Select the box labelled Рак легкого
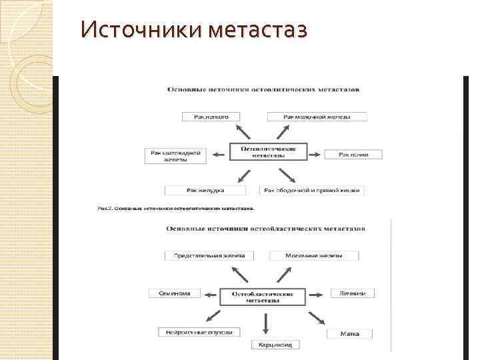(211, 117)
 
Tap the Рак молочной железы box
(317, 117)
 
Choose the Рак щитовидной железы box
(176, 155)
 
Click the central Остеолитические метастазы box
(268, 152)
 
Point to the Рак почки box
(353, 155)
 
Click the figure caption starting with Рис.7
(176, 208)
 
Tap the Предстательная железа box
(209, 255)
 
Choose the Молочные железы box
(313, 255)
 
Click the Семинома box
(175, 293)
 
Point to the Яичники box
(352, 293)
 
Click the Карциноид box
(267, 345)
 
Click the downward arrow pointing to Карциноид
(267, 323)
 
